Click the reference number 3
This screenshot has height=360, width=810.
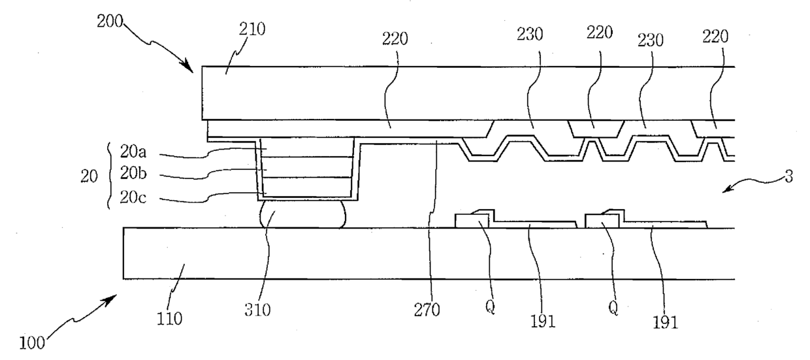click(x=790, y=178)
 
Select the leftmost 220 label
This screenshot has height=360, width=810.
click(x=394, y=40)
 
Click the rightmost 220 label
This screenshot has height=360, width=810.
click(x=715, y=39)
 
